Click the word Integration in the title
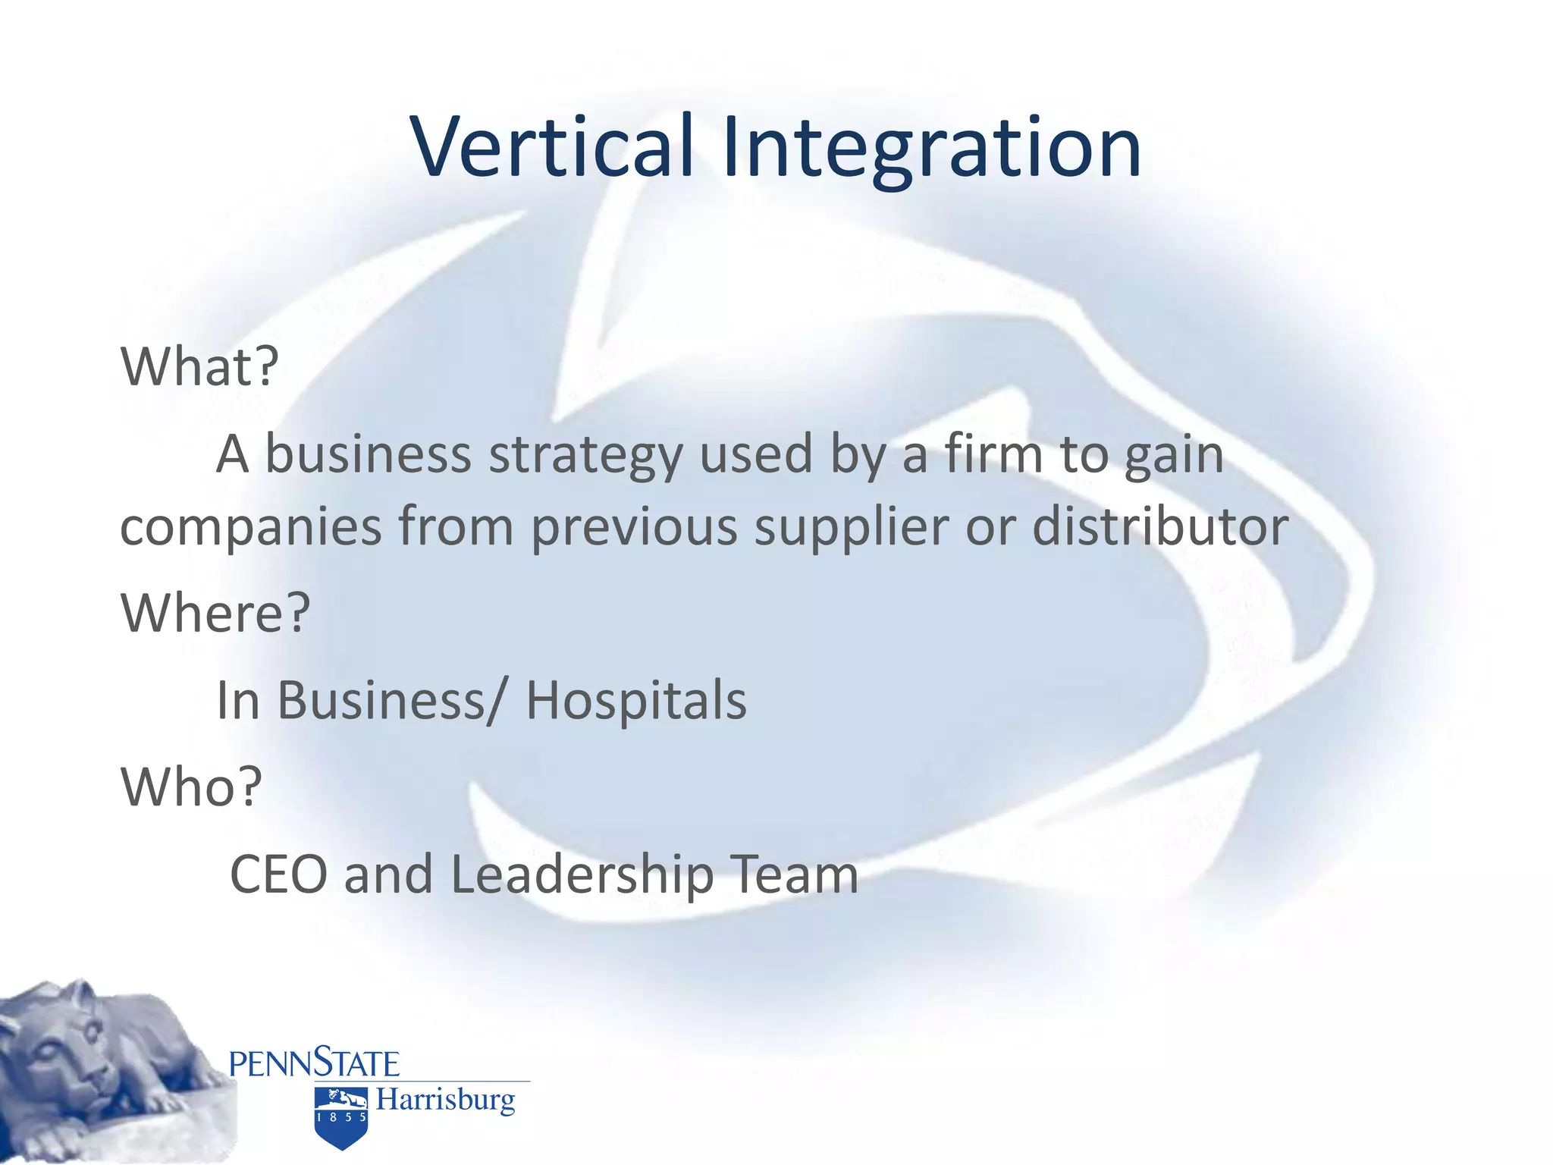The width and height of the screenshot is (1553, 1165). [931, 148]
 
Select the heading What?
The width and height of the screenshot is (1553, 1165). [199, 366]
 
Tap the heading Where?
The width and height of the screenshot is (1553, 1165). [215, 612]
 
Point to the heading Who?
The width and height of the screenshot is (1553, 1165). [191, 787]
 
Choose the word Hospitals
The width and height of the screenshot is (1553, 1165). [635, 700]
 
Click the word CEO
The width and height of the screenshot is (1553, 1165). [278, 875]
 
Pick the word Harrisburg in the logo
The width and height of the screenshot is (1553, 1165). [445, 1099]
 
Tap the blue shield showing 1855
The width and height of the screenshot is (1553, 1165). [341, 1119]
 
